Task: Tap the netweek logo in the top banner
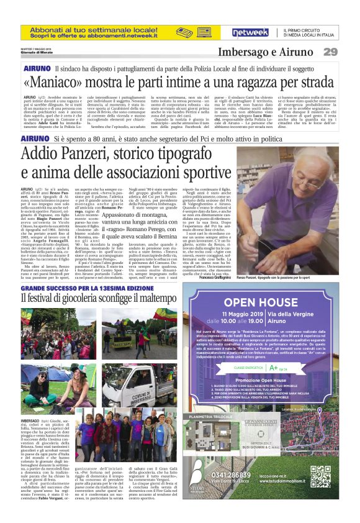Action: coord(251,32)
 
